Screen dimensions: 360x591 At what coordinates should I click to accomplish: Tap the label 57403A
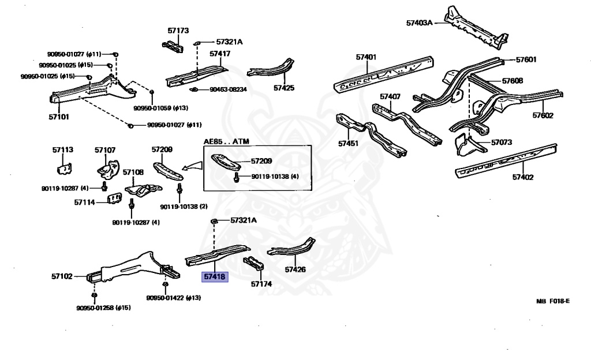coord(419,23)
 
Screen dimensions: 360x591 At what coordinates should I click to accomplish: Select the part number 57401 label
coord(366,57)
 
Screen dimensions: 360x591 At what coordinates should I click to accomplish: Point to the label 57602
coord(543,115)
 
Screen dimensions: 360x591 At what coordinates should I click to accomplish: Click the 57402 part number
coord(524,178)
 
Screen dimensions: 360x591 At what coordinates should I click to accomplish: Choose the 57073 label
coord(502,141)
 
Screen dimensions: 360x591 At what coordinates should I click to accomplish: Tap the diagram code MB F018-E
coord(552,301)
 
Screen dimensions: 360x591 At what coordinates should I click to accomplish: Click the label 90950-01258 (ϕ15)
coord(103,307)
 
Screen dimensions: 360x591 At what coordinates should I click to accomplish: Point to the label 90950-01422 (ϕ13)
coord(173,298)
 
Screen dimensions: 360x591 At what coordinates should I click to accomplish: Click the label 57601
coord(526,59)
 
